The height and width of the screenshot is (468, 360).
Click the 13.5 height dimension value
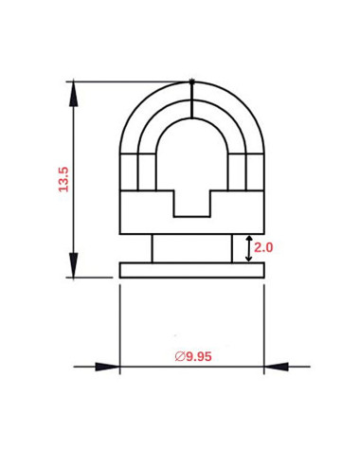63,179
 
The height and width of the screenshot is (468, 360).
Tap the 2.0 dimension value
263,247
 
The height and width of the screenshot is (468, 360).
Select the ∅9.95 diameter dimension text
192,356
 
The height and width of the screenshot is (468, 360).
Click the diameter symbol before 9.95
179,356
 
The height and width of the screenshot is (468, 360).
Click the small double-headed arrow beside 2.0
248,248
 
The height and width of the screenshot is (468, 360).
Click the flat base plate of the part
191,271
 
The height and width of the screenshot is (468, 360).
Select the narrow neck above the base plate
191,248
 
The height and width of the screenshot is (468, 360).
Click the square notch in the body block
191,203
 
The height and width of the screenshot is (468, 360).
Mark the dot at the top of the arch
192,81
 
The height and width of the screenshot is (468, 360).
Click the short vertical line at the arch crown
192,102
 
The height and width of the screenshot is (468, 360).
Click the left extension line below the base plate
119,322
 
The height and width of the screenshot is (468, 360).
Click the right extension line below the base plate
264,322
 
